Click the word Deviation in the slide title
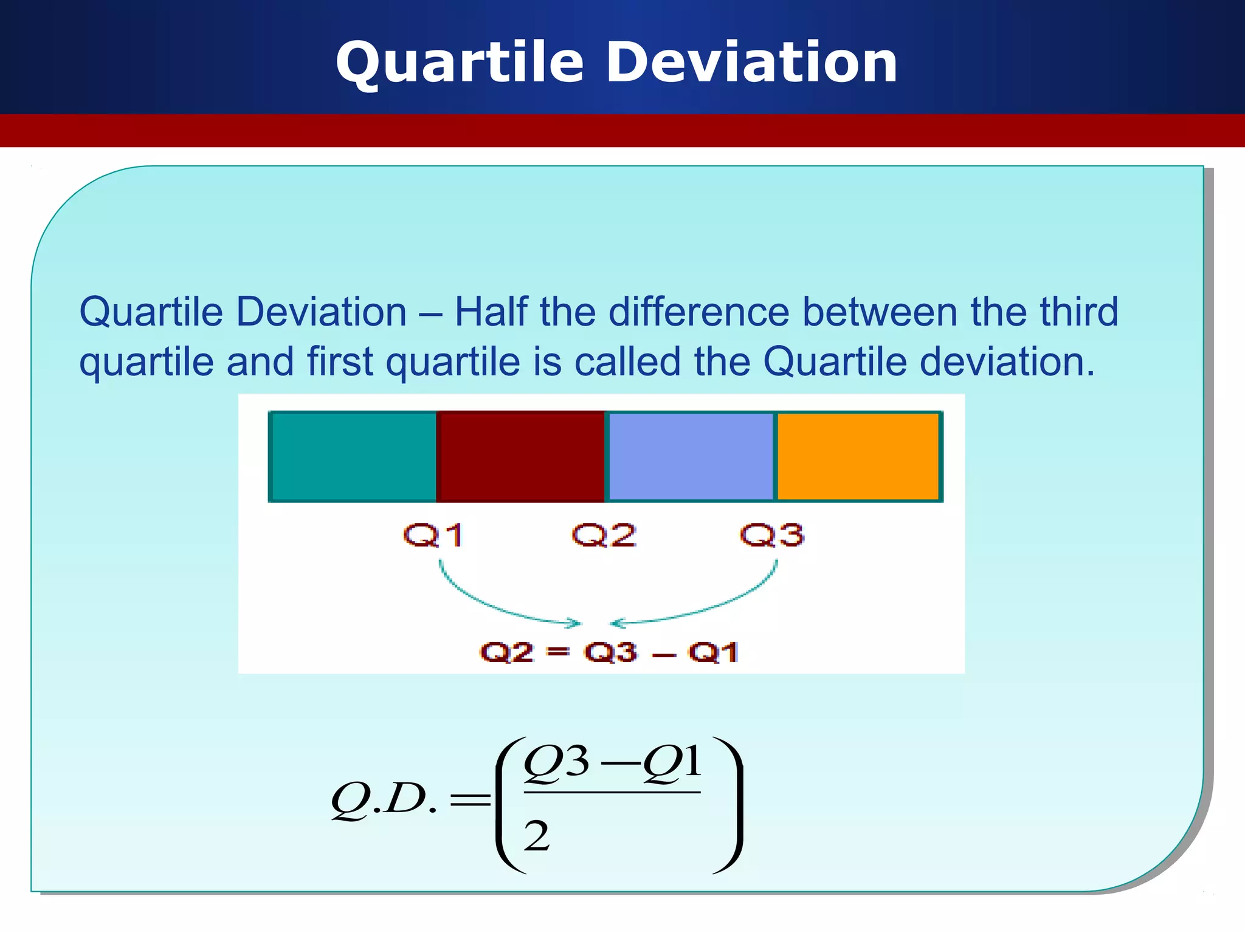click(x=752, y=62)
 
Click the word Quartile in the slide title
click(x=459, y=63)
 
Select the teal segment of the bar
click(x=353, y=457)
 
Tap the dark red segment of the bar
click(x=521, y=457)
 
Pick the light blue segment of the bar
click(x=691, y=457)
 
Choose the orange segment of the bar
click(x=858, y=457)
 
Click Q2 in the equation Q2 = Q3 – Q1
click(x=506, y=652)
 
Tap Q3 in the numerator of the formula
click(x=556, y=762)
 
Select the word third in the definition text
click(x=1078, y=312)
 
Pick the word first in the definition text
click(x=339, y=362)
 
